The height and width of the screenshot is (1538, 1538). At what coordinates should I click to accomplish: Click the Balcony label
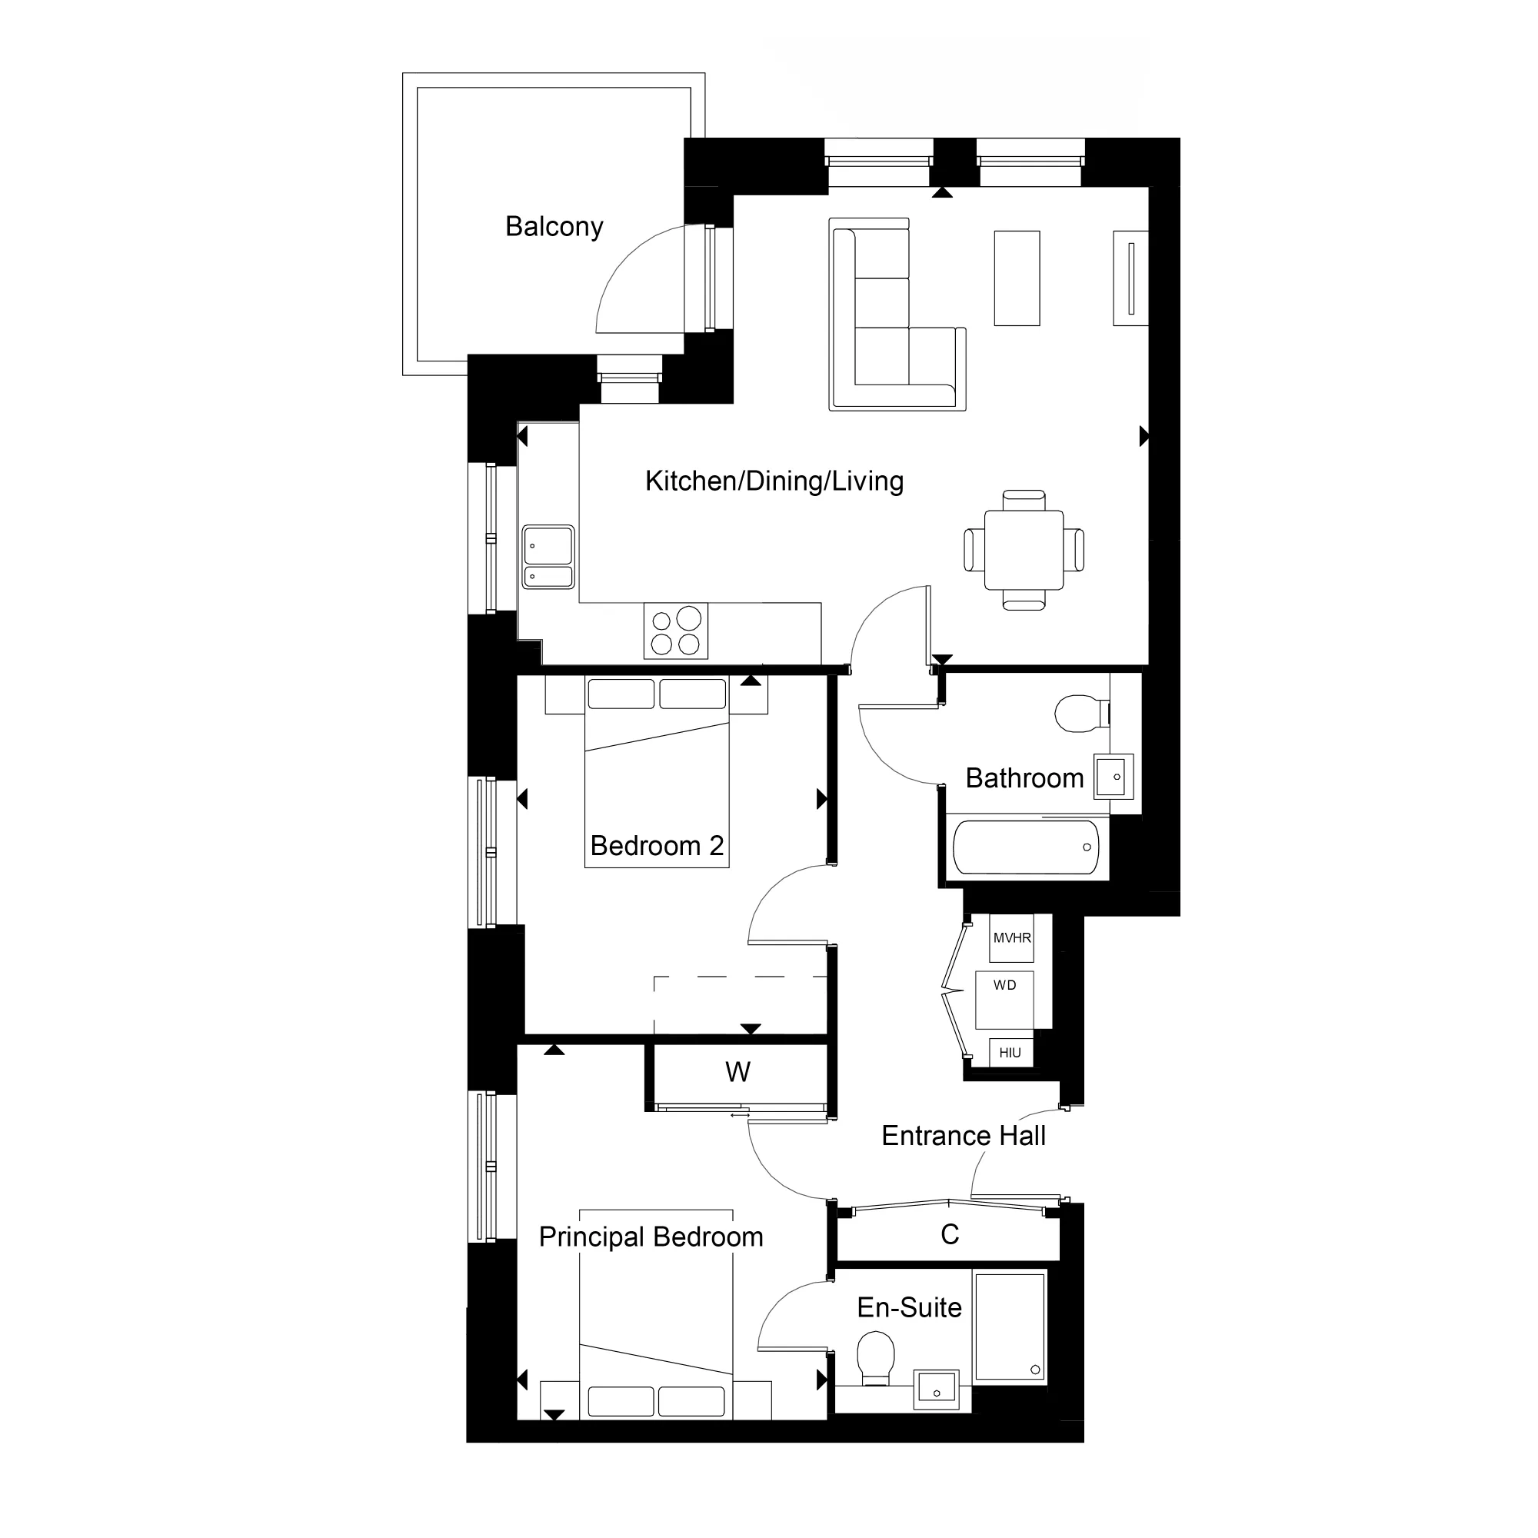coord(554,227)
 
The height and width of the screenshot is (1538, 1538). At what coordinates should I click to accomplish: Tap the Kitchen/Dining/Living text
coord(774,481)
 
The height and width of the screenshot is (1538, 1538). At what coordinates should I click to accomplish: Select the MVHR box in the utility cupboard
coord(1011,937)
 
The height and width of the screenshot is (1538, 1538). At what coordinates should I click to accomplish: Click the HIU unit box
coord(1010,1053)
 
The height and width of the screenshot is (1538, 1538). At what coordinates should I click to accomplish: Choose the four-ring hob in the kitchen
coord(676,631)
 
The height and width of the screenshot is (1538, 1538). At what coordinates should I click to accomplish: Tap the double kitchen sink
coord(548,557)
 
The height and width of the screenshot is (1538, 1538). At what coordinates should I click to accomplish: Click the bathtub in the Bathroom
coord(1026,847)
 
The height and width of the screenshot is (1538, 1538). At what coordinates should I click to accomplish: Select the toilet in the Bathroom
coord(1080,714)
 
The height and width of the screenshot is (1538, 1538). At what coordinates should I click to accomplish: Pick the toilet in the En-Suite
coord(876,1359)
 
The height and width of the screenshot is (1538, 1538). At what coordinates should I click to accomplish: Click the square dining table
coord(1024,550)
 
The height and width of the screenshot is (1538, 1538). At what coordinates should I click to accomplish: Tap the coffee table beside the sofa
coord(1017,278)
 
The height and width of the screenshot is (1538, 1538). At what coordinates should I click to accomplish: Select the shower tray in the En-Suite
coord(1010,1328)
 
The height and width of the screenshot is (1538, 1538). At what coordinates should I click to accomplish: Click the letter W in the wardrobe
coord(737,1072)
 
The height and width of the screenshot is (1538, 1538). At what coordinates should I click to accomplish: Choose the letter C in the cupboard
coord(950,1235)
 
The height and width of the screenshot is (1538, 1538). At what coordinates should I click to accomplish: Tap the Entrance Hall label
coord(964,1136)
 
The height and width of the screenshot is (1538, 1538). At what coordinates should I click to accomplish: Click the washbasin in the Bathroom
coord(1111,776)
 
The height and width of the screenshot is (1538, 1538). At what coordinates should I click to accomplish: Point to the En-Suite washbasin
coord(936,1388)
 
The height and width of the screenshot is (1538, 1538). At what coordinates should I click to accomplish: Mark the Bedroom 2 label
coord(657,845)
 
